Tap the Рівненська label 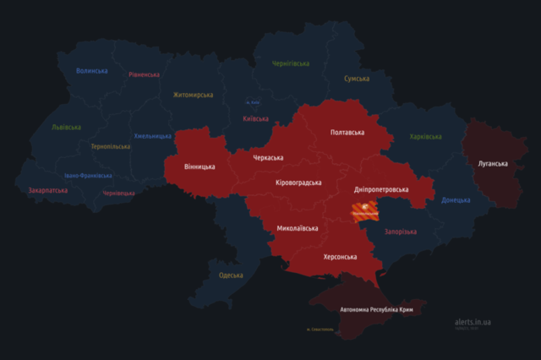coord(144,74)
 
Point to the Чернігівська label coord(291,63)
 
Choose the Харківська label coord(425,136)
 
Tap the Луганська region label coord(492,162)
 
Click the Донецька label coord(456,200)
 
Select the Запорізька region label coord(401,231)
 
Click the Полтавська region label coord(347,133)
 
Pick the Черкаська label coord(268,157)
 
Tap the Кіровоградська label coord(298,183)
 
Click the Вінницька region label coord(200,166)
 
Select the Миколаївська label coord(298,228)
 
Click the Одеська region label coord(231,275)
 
